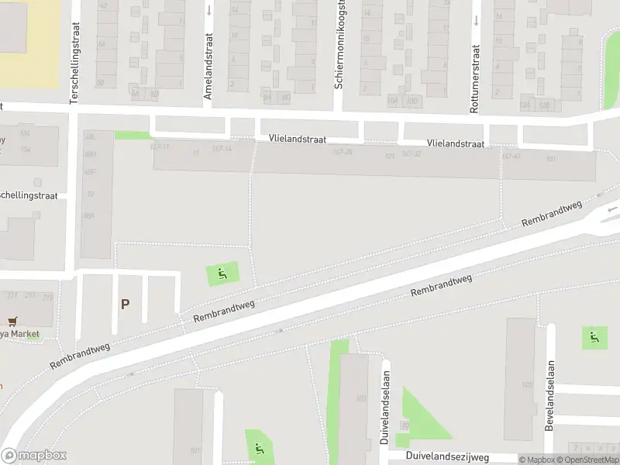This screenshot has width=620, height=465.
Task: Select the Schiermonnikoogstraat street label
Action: coord(339,44)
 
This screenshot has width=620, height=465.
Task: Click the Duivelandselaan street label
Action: coord(385,406)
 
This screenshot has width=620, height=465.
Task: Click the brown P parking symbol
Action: coord(125,304)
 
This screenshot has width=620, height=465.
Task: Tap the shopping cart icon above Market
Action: coord(12,321)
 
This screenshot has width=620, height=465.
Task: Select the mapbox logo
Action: coord(33,455)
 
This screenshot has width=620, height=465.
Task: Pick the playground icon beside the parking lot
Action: coord(222,273)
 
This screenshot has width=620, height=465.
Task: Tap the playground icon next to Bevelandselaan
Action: coord(594,337)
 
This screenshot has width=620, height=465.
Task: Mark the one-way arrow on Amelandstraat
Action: coord(209,11)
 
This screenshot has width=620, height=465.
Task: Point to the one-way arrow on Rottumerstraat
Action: coord(475,21)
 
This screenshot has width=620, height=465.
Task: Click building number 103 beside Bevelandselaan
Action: coord(527,384)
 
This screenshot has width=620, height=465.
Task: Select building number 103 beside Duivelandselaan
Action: coord(360,398)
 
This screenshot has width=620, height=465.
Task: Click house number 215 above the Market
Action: coord(48,296)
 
